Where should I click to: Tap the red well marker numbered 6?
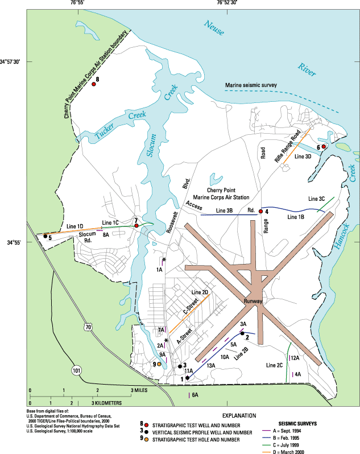324,147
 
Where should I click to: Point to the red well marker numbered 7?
136,226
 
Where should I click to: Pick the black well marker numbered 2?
242,333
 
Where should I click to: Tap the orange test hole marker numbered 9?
159,364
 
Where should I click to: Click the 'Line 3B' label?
226,211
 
